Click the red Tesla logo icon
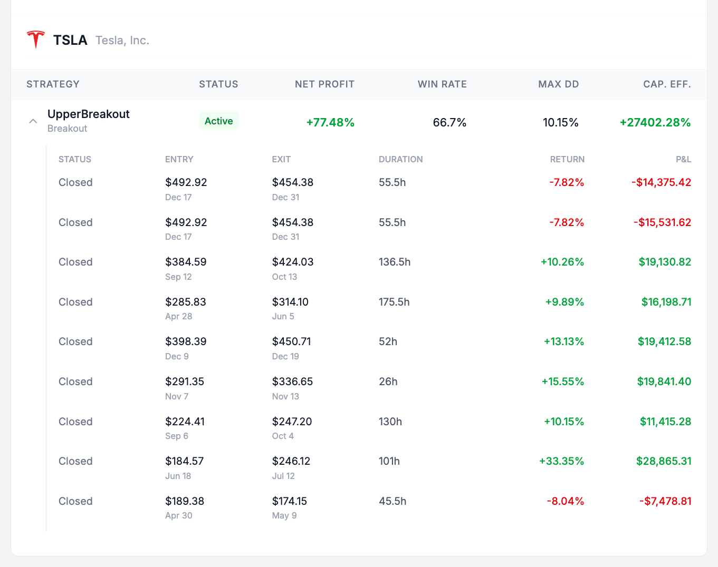coord(36,40)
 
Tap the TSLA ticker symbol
coord(70,41)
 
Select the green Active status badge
coord(218,121)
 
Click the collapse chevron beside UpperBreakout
coord(33,121)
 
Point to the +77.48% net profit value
coord(330,123)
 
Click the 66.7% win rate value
coord(449,123)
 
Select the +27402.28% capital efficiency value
coord(655,123)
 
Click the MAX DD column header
coord(558,84)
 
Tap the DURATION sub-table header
coord(400,159)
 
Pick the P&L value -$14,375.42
coord(661,183)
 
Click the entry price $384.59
coord(186,262)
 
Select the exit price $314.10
coord(290,302)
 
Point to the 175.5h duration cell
coord(394,302)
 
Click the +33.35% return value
coord(561,462)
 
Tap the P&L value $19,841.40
coord(664,382)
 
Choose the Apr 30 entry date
coord(178,515)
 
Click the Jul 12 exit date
coord(283,476)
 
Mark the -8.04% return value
coord(565,501)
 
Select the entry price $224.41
coord(185,422)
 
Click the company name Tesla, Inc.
coord(122,41)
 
